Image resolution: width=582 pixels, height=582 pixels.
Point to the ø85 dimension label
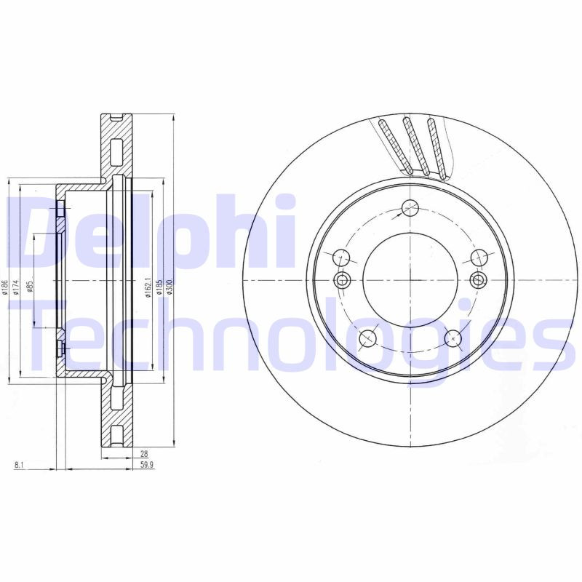coord(30,287)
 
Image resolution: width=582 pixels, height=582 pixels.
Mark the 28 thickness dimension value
coord(145,453)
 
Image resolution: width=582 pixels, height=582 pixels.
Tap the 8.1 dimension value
coord(18,465)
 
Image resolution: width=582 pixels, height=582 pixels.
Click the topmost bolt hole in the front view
coord(410,207)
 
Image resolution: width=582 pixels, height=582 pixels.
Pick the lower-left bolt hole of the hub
coord(368,338)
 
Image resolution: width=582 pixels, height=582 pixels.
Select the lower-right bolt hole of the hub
coord(453,338)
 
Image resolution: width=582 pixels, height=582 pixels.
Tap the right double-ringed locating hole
coord(478,280)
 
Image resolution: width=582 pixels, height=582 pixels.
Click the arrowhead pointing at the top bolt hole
coord(402,215)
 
